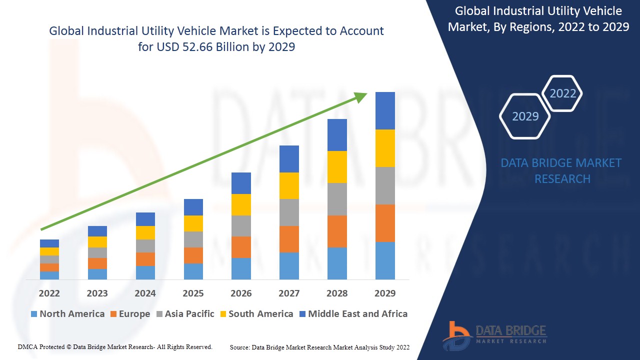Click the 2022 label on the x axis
point(49,293)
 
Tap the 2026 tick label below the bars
point(241,293)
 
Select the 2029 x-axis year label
point(385,293)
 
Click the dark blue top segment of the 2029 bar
point(385,110)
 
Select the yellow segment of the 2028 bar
point(337,167)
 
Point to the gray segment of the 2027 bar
point(289,212)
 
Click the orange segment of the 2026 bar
point(241,247)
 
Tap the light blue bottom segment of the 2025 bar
point(193,271)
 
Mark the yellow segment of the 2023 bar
point(97,242)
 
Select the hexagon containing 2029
point(525,116)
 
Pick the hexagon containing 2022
point(562,93)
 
